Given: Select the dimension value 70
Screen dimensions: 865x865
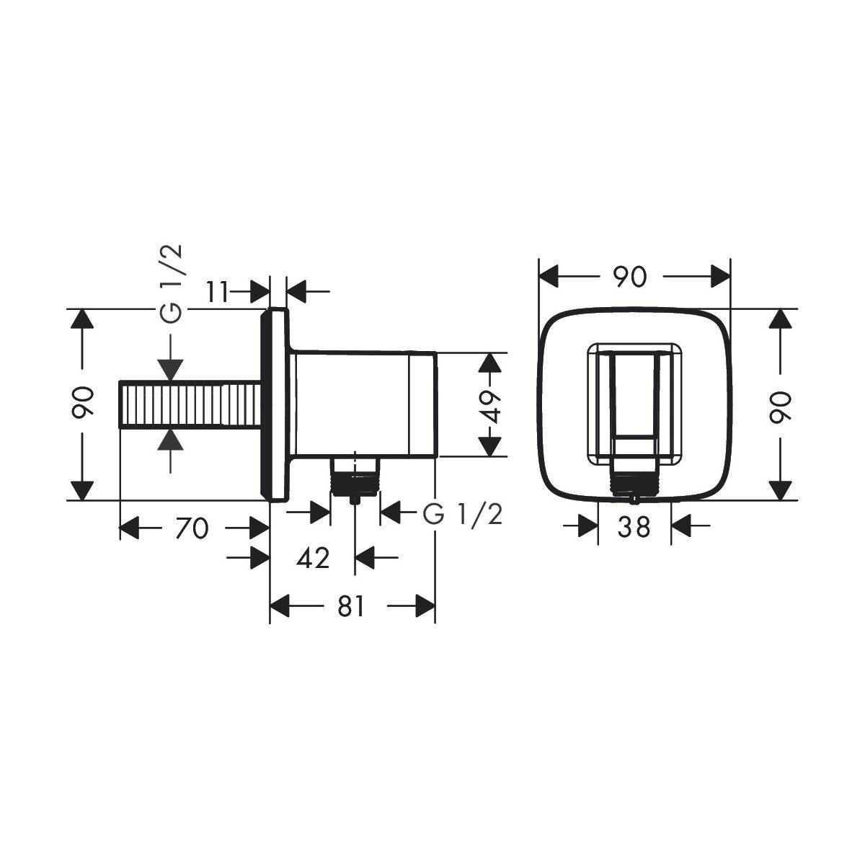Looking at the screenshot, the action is (x=192, y=528).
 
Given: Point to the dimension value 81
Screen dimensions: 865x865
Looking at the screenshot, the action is (x=350, y=607).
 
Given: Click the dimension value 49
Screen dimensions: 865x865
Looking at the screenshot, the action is (x=492, y=407).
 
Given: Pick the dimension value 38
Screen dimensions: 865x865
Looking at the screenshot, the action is (x=634, y=528).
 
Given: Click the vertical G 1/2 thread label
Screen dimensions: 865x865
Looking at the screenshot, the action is (x=171, y=284).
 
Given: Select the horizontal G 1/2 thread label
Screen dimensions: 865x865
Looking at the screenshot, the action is (x=462, y=515).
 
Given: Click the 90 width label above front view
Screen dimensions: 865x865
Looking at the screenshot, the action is (x=631, y=277).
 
